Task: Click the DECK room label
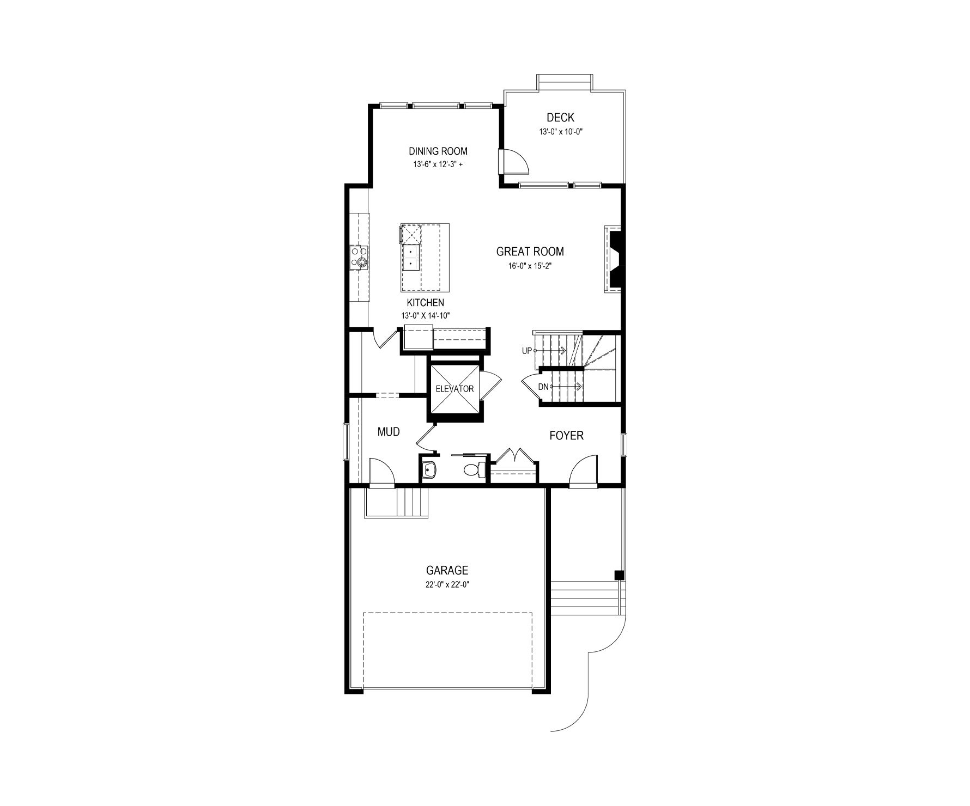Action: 560,118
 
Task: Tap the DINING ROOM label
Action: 438,151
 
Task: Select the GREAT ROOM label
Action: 530,252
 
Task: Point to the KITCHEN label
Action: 426,303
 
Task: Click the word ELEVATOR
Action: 454,389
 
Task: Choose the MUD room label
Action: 389,432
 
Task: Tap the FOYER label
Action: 566,436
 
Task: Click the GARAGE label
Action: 447,571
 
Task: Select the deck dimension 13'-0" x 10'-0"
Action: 561,132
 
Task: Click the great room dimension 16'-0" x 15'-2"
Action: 530,266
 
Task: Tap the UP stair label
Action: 526,351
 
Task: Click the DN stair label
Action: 543,387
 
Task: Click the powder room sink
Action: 429,469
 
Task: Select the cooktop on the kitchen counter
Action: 359,258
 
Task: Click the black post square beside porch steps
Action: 619,575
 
